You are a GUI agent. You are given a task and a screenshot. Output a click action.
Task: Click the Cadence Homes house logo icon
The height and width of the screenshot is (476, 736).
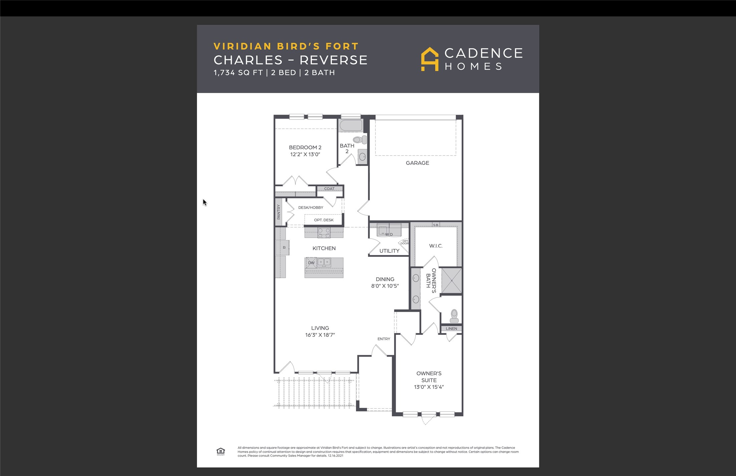[429, 59]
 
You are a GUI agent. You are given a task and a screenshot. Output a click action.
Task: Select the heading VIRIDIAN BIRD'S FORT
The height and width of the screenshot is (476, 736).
[286, 46]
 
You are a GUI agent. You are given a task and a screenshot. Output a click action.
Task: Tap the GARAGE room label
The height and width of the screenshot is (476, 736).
[417, 163]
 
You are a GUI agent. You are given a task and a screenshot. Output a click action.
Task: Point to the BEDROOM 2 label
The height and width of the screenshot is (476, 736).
[305, 148]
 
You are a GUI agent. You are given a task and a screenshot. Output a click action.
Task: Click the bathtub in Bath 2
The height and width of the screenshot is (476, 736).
[351, 126]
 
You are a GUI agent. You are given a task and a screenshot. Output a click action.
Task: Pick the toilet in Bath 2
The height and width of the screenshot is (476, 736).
[360, 139]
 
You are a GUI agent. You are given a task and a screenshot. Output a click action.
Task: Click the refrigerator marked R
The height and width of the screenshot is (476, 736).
[283, 248]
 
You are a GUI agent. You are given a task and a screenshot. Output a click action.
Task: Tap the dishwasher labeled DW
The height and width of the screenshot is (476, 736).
[311, 263]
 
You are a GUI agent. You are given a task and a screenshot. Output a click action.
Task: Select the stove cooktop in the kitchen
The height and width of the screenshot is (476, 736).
[324, 233]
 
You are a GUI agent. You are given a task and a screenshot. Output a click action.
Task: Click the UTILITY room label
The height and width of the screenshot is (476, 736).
[389, 251]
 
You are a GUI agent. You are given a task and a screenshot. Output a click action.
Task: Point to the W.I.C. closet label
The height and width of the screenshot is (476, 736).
[436, 246]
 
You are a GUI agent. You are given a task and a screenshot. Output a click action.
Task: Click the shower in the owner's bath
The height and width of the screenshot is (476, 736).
[451, 281]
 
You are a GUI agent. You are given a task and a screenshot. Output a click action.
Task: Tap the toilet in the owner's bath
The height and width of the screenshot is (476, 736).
[454, 316]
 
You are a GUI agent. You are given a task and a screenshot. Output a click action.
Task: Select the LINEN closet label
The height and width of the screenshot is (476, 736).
[451, 328]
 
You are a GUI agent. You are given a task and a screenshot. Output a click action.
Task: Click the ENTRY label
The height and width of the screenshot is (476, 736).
[384, 339]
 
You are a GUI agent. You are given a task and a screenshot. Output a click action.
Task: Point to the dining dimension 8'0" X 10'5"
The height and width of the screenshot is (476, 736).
[385, 286]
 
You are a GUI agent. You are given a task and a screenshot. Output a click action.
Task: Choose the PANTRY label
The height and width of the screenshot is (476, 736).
[279, 212]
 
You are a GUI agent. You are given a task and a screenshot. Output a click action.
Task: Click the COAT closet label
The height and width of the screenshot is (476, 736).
[329, 189]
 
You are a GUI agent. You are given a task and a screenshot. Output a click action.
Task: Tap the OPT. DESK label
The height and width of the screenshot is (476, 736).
[324, 220]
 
